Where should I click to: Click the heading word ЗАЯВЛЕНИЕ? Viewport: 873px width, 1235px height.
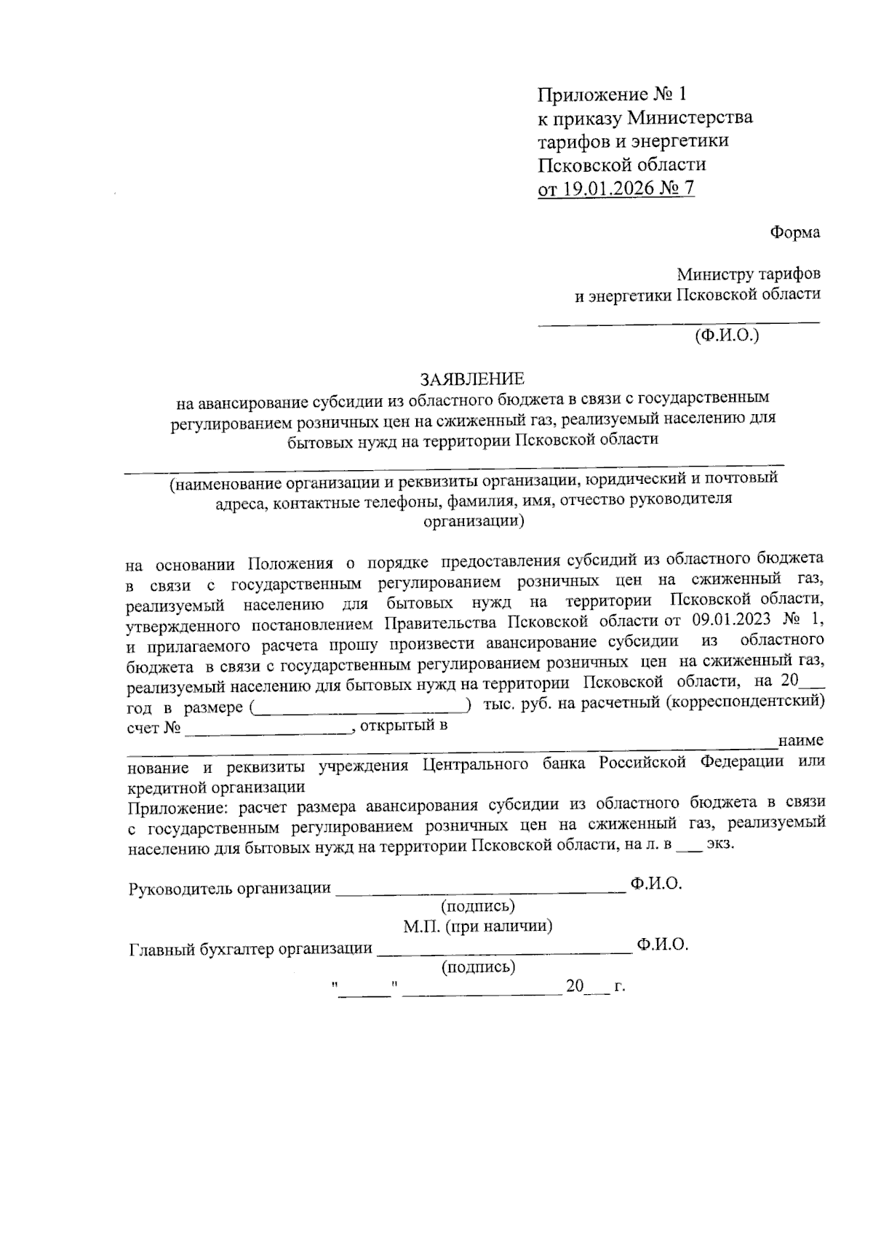point(471,378)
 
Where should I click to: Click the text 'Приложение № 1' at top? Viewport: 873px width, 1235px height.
point(611,95)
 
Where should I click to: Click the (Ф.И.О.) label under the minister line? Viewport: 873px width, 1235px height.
point(726,335)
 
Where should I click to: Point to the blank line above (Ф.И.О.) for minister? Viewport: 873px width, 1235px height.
point(678,320)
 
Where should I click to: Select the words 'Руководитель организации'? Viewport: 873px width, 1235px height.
point(229,888)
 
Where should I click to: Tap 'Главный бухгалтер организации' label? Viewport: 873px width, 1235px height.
point(250,948)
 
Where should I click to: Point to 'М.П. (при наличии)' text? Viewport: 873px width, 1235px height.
point(478,926)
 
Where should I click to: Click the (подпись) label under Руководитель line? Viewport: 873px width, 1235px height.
point(478,906)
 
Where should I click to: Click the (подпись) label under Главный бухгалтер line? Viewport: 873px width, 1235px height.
point(478,967)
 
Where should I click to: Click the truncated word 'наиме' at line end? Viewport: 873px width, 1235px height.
point(800,741)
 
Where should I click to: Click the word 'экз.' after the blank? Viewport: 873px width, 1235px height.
point(720,846)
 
